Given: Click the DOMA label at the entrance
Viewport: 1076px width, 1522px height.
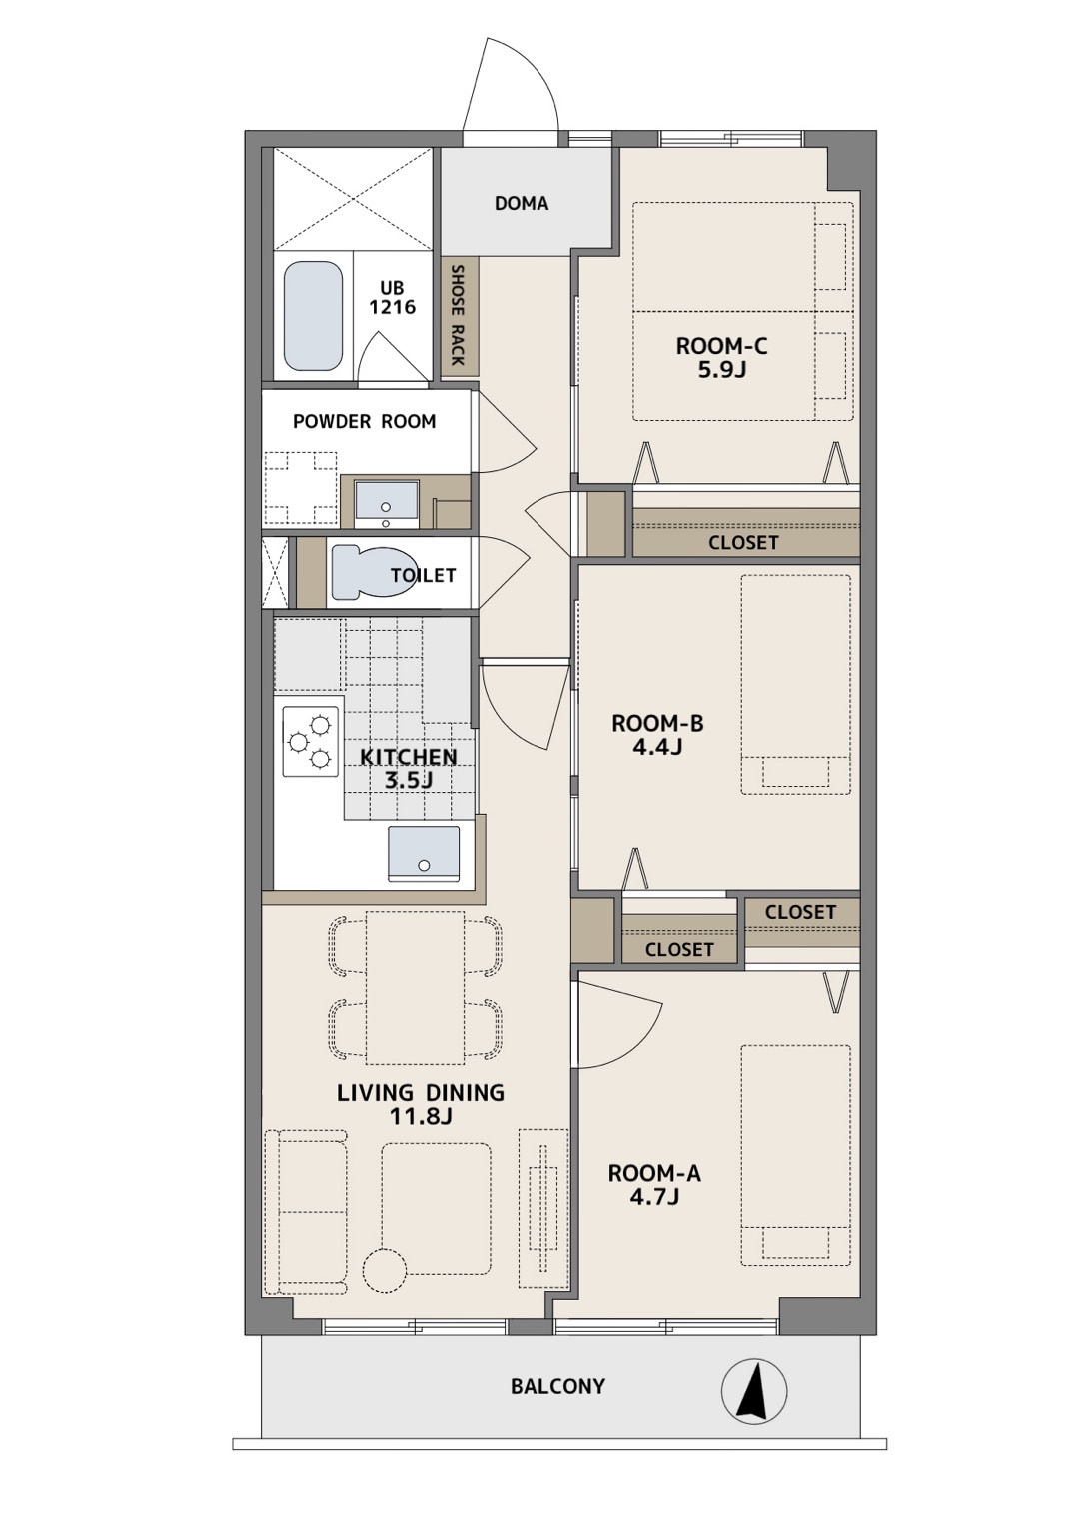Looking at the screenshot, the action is pyautogui.click(x=522, y=203).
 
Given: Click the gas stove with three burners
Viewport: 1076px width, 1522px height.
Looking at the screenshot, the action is pyautogui.click(x=311, y=742).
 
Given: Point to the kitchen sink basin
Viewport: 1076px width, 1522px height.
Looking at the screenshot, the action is pyautogui.click(x=423, y=853).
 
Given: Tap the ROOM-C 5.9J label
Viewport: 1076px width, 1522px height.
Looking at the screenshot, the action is pyautogui.click(x=721, y=358).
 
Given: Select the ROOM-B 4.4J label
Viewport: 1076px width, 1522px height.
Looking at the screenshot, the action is pyautogui.click(x=657, y=735).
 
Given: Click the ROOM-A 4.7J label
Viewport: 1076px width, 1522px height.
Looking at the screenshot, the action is pyautogui.click(x=654, y=1185).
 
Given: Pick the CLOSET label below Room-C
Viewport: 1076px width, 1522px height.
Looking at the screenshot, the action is pyautogui.click(x=743, y=543).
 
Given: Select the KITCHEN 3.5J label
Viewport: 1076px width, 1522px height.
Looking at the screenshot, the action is pyautogui.click(x=409, y=768).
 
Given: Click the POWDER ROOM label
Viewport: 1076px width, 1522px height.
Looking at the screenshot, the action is pyautogui.click(x=364, y=422).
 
